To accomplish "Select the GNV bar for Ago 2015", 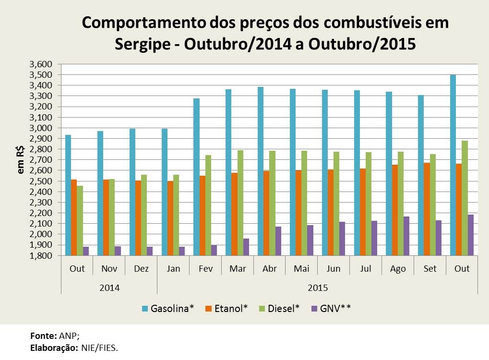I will coord(406,236).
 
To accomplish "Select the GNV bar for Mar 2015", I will coord(246,247).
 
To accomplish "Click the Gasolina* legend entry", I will coord(167,308).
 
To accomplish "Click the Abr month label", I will coord(269,268).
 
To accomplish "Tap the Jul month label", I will coord(366,268).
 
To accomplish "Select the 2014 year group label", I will coord(109,288).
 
